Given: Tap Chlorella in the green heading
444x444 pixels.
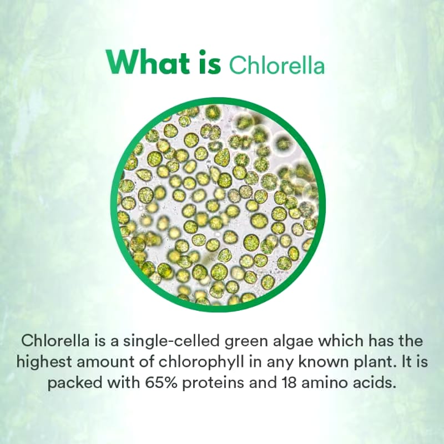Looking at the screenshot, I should pyautogui.click(x=276, y=64).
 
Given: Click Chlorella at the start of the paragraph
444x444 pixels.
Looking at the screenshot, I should pyautogui.click(x=47, y=340).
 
